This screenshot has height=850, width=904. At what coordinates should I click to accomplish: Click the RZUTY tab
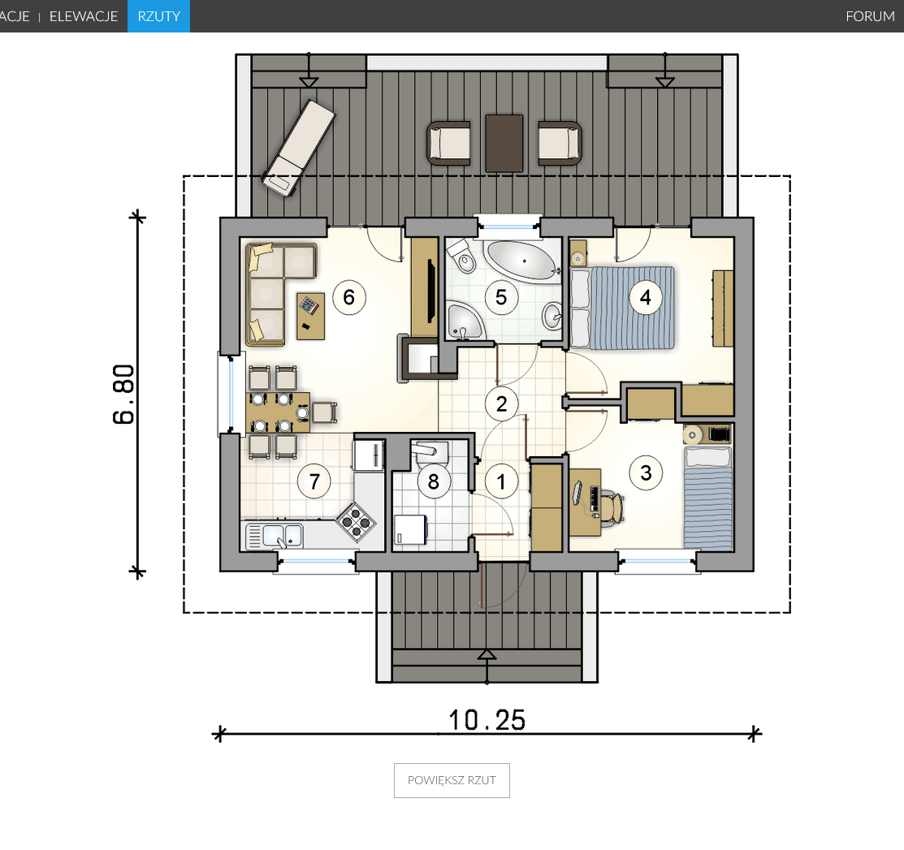[x=158, y=16]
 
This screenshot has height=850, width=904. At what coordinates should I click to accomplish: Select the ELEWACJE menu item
[x=84, y=16]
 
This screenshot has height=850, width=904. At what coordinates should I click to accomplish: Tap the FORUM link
[x=870, y=16]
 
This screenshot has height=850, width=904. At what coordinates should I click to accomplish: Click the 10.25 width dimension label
[x=487, y=720]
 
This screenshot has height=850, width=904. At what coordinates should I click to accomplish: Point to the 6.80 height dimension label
[x=124, y=395]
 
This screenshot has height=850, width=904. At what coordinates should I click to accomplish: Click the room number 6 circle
[x=348, y=297]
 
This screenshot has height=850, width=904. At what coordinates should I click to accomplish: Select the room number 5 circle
[x=501, y=297]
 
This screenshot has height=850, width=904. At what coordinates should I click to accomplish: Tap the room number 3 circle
[x=646, y=473]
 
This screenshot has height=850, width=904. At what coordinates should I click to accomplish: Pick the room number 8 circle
[x=434, y=481]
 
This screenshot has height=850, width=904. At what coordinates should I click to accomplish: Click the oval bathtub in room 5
[x=521, y=261]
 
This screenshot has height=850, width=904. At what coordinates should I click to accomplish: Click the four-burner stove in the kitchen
[x=356, y=521]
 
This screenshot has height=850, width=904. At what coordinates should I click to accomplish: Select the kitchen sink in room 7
[x=275, y=536]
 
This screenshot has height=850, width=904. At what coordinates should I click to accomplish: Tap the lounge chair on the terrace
[x=299, y=148]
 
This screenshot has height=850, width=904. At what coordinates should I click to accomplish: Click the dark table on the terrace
[x=504, y=143]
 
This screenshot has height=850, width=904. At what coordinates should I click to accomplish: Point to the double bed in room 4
[x=623, y=308]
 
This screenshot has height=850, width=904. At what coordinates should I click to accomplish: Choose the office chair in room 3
[x=612, y=507]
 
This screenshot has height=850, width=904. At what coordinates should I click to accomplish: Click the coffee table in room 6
[x=311, y=316]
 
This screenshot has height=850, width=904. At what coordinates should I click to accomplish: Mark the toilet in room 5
[x=461, y=255]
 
